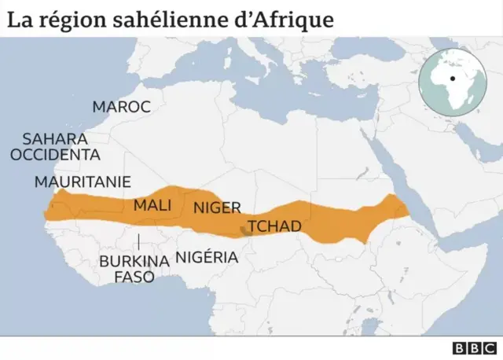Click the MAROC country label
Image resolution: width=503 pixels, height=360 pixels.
[121, 107]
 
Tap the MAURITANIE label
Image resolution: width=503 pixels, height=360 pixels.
[83, 182]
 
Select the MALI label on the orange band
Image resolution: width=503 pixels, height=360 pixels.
[152, 205]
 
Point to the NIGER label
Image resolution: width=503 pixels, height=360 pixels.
[216, 208]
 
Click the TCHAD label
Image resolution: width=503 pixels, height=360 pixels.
[274, 226]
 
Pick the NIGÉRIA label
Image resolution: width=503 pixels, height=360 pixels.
[207, 257]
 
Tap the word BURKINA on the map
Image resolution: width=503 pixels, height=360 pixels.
[134, 260]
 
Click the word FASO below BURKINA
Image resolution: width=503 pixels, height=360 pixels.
[134, 277]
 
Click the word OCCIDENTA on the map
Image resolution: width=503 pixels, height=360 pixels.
[55, 155]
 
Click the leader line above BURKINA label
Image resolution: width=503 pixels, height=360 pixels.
[139, 243]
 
